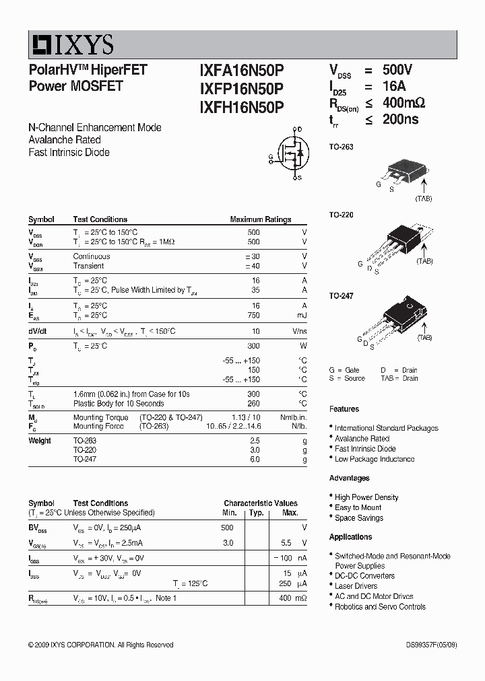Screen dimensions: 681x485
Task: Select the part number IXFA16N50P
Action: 242,71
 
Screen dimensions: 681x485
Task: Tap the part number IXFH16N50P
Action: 242,106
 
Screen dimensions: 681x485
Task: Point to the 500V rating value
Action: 397,70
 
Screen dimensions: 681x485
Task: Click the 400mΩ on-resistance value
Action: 403,103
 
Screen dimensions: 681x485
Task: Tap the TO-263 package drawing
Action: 402,174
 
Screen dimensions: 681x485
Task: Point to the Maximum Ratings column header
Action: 261,219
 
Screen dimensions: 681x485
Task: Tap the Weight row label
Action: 40,441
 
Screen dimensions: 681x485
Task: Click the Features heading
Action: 344,409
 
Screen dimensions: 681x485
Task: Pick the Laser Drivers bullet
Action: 358,586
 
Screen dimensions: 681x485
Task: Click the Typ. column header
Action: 256,513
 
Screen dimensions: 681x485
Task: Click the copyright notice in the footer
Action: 100,645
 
